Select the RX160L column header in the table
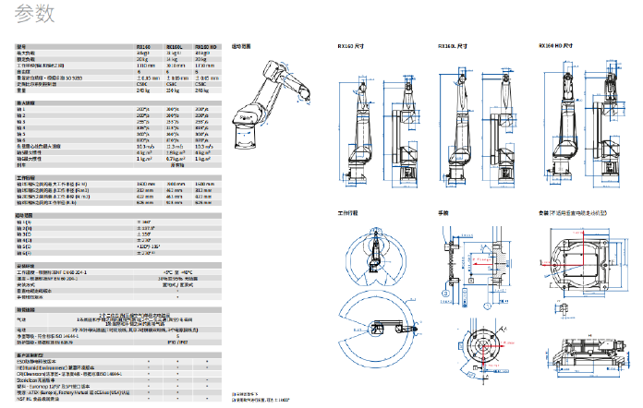pyautogui.click(x=173, y=46)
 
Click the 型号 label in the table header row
pyautogui.click(x=23, y=46)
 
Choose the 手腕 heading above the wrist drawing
pyautogui.click(x=442, y=213)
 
